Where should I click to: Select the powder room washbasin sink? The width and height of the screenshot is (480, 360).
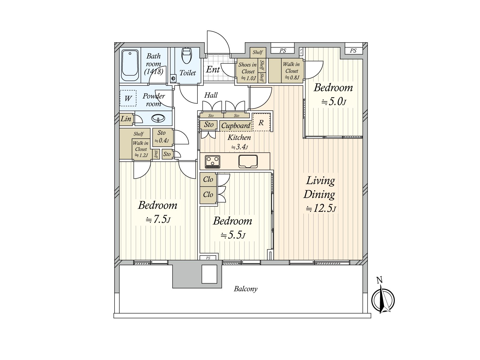(158, 118)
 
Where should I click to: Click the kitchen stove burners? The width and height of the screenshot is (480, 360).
(212, 161)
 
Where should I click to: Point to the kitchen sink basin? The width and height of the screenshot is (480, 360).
(248, 161)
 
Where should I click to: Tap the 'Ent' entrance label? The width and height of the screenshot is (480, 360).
(213, 70)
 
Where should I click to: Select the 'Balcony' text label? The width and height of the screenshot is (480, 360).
(245, 289)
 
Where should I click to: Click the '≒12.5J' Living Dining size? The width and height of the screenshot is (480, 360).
(321, 208)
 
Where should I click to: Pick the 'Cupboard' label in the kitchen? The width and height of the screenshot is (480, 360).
(235, 126)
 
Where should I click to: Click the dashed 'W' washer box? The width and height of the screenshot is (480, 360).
(128, 98)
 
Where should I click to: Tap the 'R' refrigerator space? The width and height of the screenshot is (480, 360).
(261, 122)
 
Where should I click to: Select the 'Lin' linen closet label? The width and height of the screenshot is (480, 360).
(126, 119)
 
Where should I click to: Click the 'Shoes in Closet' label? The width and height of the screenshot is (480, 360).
(247, 68)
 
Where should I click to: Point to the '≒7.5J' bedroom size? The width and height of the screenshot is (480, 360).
(158, 220)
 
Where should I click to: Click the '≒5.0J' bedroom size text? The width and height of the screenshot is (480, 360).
(333, 102)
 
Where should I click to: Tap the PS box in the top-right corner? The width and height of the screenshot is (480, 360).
(353, 51)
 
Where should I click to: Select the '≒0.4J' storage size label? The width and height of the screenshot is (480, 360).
(161, 140)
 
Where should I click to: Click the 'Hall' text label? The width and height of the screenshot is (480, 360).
(211, 95)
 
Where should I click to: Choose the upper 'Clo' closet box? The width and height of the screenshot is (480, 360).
(208, 179)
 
